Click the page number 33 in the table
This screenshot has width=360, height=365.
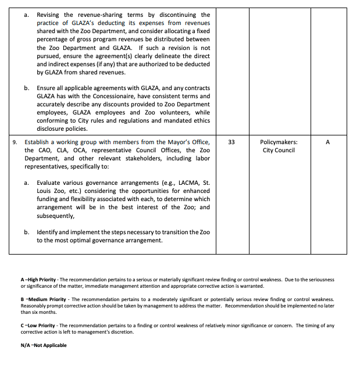coord(231,142)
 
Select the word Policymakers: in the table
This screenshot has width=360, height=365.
coord(279,142)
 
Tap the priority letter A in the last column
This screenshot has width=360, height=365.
coord(327,142)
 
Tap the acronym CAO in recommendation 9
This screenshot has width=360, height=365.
coord(45,150)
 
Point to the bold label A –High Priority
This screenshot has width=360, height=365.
coord(38,280)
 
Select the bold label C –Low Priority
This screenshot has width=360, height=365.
coord(38,325)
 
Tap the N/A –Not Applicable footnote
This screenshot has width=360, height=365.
coord(44,345)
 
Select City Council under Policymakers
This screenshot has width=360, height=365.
coord(279,150)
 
